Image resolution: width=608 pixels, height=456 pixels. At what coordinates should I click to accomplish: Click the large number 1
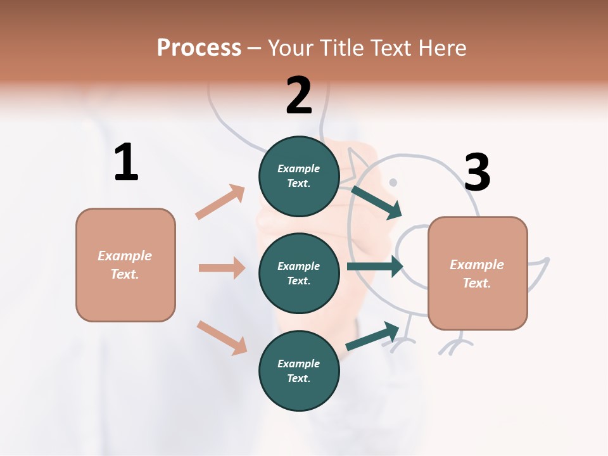[x=126, y=163]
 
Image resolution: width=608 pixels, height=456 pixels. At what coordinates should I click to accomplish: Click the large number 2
[x=299, y=96]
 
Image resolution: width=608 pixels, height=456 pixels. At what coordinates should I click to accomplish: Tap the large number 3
[x=477, y=172]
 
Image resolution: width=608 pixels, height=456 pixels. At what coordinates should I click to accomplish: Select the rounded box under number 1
[x=125, y=265]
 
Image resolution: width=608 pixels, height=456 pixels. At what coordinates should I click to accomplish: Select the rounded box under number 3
[x=478, y=274]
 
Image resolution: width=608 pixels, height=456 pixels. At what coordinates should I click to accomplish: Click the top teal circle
[x=299, y=176]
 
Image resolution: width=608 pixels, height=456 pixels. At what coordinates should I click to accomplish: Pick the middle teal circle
[x=299, y=273]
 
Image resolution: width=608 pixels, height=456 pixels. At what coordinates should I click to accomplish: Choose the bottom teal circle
[x=299, y=370]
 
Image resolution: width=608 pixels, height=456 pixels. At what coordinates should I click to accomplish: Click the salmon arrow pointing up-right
[x=220, y=201]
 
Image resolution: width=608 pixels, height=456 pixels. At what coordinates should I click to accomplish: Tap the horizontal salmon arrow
[x=222, y=268]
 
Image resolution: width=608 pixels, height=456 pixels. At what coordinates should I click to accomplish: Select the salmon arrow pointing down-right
[x=222, y=338]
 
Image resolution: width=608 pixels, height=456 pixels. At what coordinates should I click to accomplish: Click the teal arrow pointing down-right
[x=377, y=202]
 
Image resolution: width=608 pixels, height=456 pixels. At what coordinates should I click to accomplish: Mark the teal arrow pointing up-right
[x=372, y=336]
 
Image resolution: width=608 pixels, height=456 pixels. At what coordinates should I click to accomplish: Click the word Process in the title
[x=199, y=47]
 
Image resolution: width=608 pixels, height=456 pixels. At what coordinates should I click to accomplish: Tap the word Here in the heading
[x=441, y=47]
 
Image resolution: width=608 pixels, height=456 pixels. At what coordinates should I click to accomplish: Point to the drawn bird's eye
[x=393, y=182]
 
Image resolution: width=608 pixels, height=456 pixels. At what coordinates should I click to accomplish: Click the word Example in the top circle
[x=298, y=168]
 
